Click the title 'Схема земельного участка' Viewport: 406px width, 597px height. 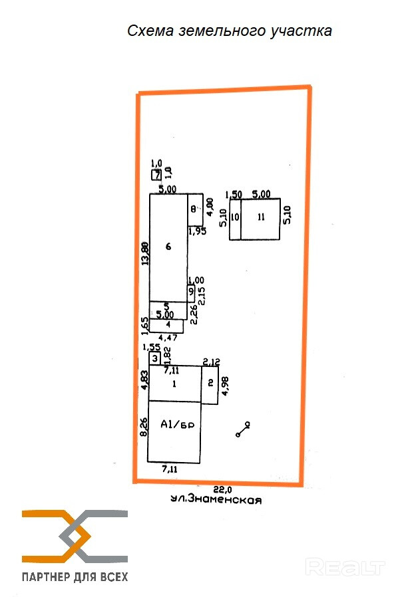(x=229, y=31)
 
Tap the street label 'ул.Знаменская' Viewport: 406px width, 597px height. (x=214, y=501)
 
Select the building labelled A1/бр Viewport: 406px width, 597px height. (x=174, y=431)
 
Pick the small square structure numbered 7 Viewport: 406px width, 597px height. (x=156, y=175)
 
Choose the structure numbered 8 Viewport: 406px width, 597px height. (x=194, y=209)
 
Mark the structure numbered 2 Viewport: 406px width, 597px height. (x=210, y=384)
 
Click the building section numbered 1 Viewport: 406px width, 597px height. (x=174, y=383)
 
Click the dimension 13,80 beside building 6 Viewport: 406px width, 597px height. (x=144, y=253)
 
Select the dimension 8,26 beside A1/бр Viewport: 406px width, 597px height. (x=142, y=426)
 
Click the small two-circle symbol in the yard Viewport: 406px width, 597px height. (x=242, y=429)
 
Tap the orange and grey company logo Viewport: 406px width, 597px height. (x=75, y=535)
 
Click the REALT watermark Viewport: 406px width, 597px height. (x=345, y=567)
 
